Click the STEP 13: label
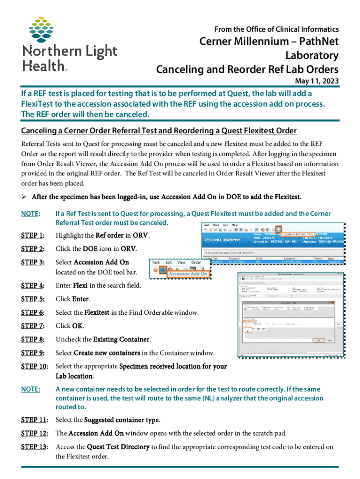(35, 447)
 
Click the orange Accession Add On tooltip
(187, 274)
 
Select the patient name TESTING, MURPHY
(223, 240)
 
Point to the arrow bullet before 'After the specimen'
(25, 196)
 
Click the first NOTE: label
(30, 214)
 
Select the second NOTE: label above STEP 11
(30, 389)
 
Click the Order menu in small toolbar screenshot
(196, 262)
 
